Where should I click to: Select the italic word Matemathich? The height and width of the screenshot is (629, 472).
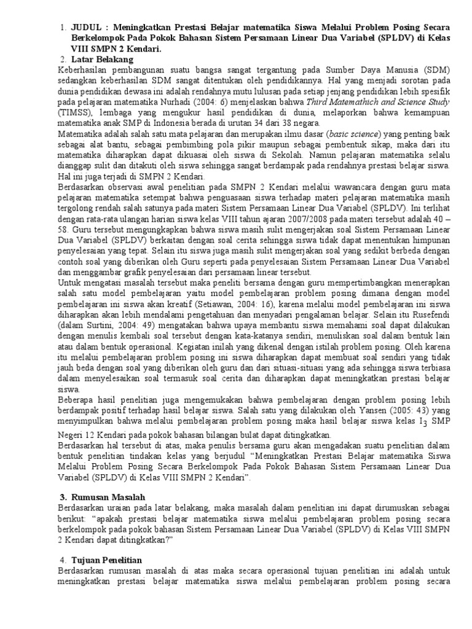tap(358, 102)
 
